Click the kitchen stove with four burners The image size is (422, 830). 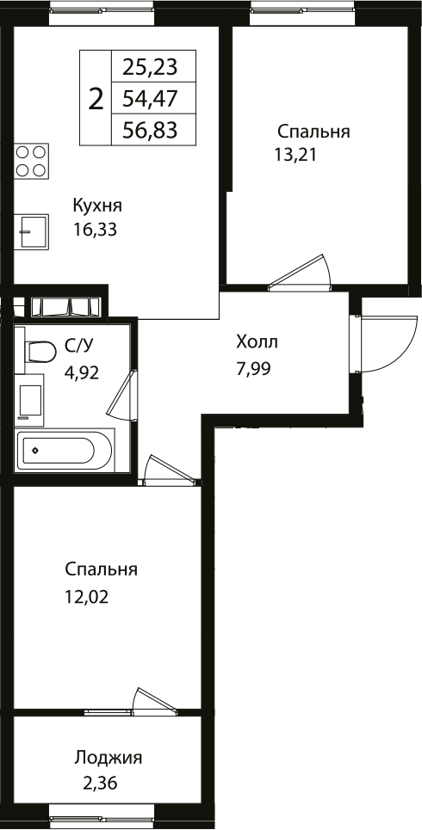coord(31,161)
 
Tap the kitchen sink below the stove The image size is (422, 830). coord(32,230)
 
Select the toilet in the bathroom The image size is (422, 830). coord(39,351)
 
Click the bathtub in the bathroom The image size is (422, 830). coord(65,450)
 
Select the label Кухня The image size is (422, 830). coord(97,206)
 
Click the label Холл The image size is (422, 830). coord(257,342)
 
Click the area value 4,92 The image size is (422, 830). coord(84,372)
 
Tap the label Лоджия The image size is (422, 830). coord(108,758)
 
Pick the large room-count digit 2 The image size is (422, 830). coord(96,98)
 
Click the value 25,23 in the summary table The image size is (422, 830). coord(150,67)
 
